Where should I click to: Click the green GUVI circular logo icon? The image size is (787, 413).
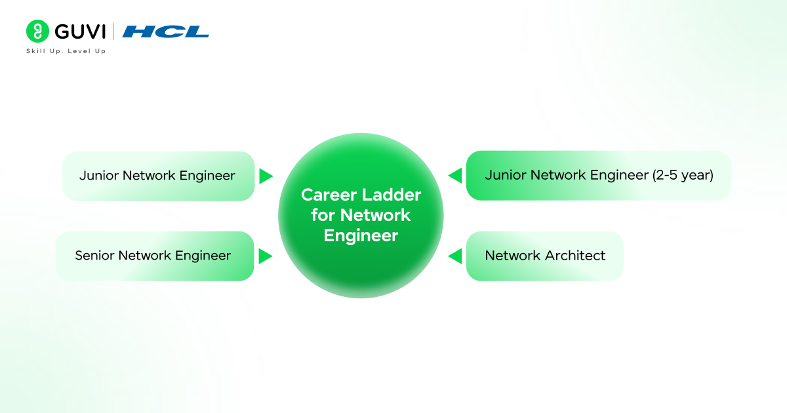[37, 31]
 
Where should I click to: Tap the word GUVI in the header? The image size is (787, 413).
[80, 31]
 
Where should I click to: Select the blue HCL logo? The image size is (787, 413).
[165, 31]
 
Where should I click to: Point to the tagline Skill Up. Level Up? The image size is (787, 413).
[66, 51]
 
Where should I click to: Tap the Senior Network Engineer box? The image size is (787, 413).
[155, 256]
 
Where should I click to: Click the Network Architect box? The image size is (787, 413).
[544, 256]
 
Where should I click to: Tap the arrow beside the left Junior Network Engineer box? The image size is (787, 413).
[265, 176]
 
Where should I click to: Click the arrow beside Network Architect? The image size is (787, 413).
[455, 256]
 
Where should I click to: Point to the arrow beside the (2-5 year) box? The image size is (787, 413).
[455, 176]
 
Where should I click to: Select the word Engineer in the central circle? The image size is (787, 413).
[361, 236]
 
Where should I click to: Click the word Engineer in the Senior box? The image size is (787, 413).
[203, 256]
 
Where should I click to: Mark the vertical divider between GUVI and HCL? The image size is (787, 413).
[115, 31]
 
